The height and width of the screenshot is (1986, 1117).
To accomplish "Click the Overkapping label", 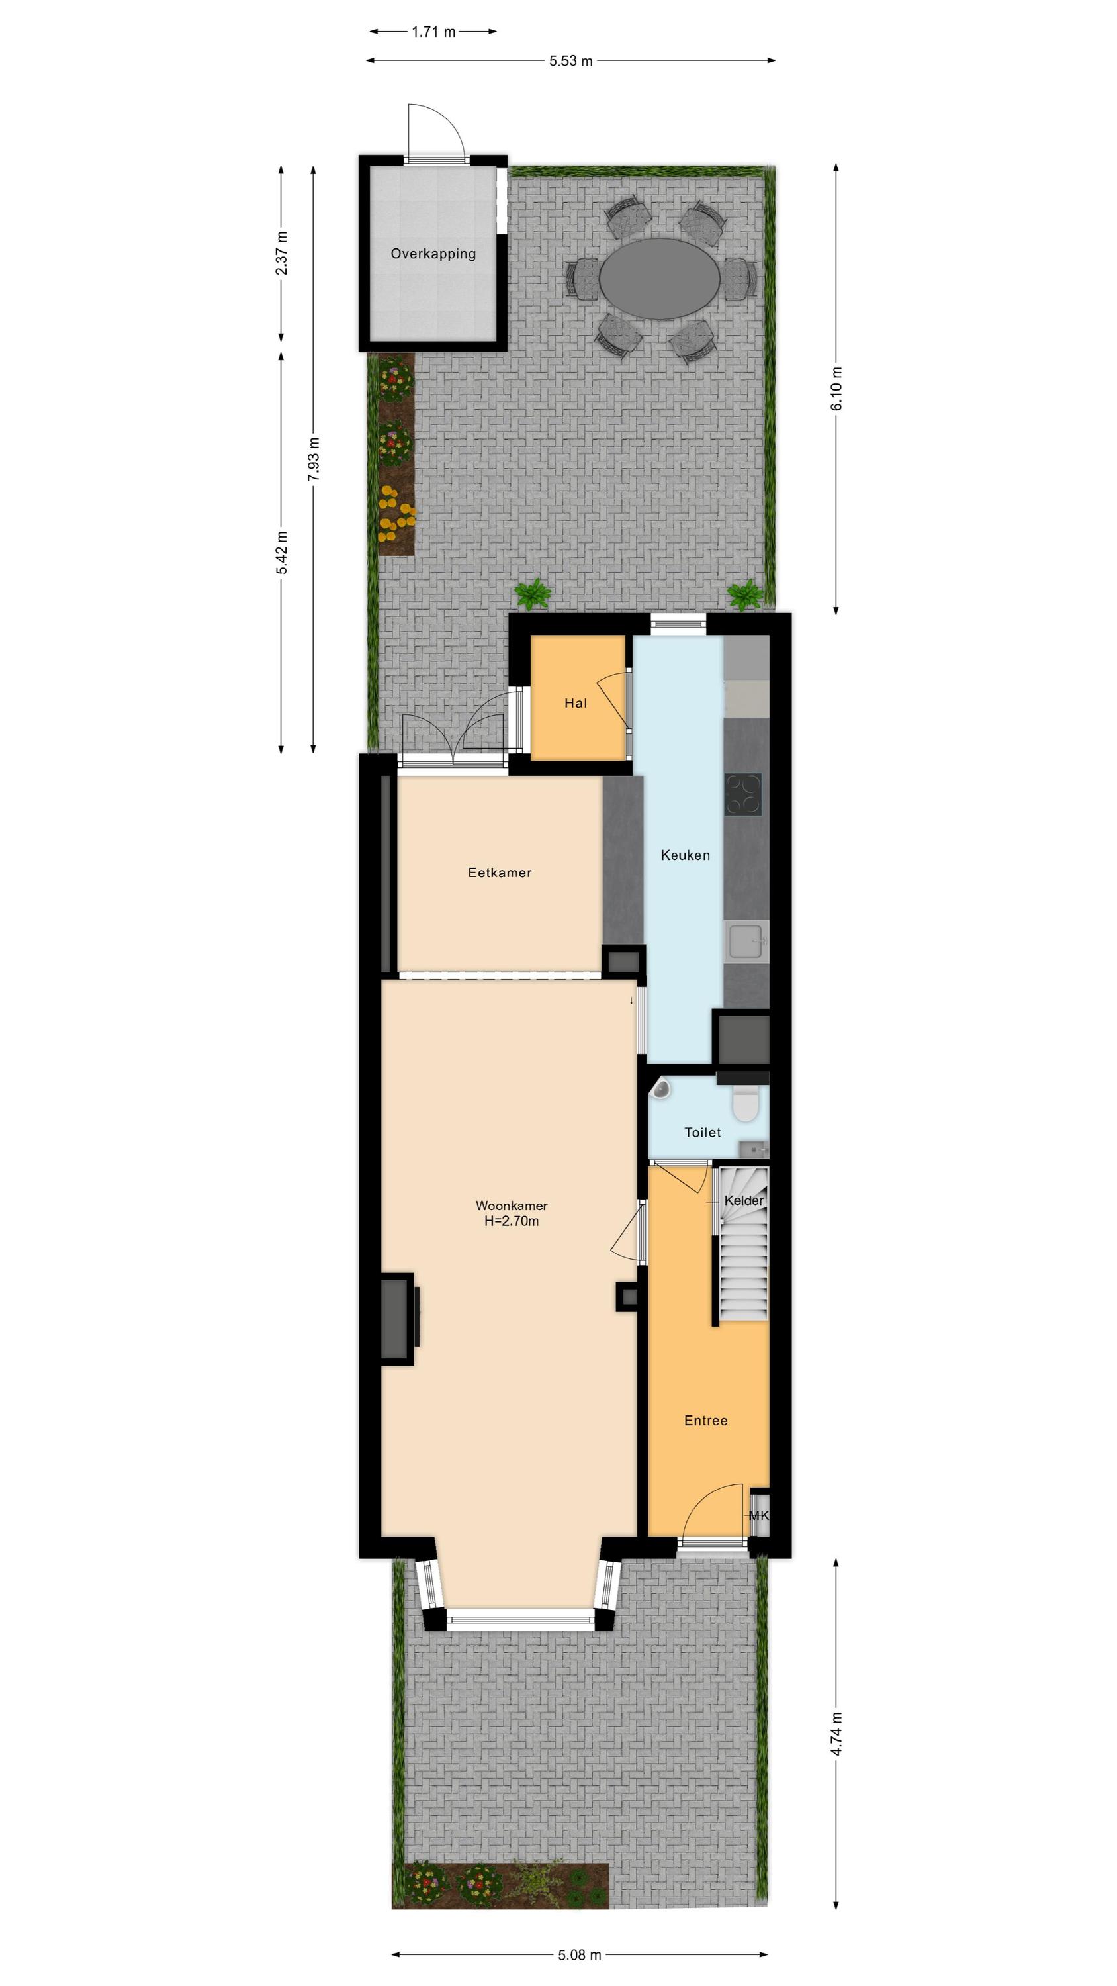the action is coord(433,254).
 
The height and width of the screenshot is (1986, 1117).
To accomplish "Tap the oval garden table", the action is coord(659,278).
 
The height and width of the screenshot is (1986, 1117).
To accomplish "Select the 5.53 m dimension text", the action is coord(570,60).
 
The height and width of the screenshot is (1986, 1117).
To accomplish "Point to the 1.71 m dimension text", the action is coord(433,32).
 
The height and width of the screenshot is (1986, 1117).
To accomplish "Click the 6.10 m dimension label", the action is coord(836,389).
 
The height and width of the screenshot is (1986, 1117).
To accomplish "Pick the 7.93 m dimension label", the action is coord(313,459).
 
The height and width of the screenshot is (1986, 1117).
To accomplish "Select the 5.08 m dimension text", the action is coord(580,1954).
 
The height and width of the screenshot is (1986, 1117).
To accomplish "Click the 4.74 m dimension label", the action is coord(836,1756).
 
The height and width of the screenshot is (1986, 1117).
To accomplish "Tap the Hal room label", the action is coord(576,703).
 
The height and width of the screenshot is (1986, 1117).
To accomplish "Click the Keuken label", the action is coord(686,855).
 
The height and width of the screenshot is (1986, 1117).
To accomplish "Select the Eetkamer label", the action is coord(500,873).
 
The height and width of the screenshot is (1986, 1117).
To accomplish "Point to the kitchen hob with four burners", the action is coord(743,794).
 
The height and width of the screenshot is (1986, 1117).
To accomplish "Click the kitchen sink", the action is coord(748,941).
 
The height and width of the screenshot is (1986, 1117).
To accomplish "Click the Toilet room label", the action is coord(703,1133).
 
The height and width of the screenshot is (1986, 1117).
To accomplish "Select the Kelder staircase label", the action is coord(744,1200).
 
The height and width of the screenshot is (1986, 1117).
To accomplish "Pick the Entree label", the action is coord(706,1420).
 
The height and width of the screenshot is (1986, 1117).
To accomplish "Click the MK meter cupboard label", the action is coord(758,1516).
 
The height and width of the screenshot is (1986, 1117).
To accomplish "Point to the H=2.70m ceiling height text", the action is coord(512,1221).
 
